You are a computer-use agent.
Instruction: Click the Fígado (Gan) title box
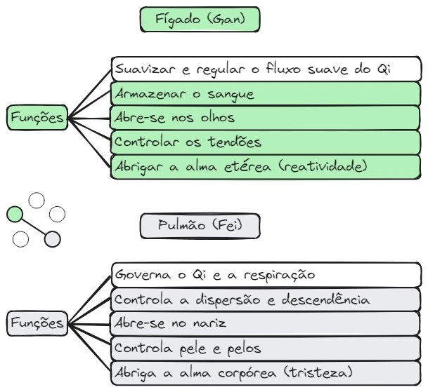coord(200,19)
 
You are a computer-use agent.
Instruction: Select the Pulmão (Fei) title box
coord(200,226)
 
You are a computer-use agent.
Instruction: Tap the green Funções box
coord(37,118)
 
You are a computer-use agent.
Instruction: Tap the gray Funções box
coord(37,323)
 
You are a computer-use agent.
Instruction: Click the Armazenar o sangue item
coord(265,94)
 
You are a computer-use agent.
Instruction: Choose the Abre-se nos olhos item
coord(265,118)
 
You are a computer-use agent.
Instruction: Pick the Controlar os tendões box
coord(265,142)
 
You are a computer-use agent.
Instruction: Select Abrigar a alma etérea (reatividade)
coord(265,167)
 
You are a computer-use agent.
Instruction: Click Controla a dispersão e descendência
coord(265,300)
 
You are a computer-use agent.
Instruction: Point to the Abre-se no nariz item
coord(265,324)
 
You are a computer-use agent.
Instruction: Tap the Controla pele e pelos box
coord(265,348)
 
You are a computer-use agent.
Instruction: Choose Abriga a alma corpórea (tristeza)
coord(265,372)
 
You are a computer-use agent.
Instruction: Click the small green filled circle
coord(14,214)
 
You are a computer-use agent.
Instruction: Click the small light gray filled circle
coord(53,239)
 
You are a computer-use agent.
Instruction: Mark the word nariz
coord(207,324)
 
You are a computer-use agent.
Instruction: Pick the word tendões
coord(235,142)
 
